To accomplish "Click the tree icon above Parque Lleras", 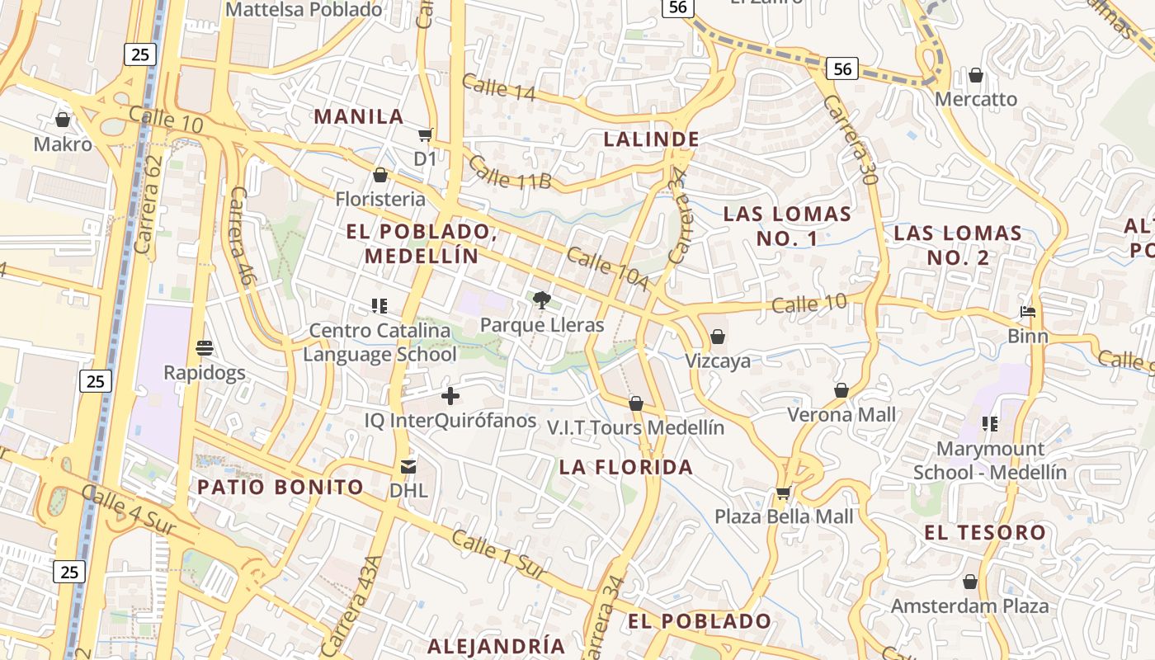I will point(541,300).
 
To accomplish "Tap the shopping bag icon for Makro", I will point(63,120).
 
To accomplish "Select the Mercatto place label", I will point(976,99).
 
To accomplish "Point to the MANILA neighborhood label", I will point(359,116).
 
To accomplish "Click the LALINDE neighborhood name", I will point(652,139).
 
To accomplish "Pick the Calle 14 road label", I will point(498,87).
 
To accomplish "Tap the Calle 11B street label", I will point(509,172).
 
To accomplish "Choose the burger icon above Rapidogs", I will point(205,348).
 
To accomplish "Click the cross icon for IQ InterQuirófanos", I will point(450,396).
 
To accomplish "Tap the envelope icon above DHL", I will point(408,467).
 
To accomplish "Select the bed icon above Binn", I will point(1028,312).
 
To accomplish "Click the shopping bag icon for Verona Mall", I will point(841,390).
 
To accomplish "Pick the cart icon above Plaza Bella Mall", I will point(783,493).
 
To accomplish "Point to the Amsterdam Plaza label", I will point(969,606).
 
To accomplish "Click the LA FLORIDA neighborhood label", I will point(626,467).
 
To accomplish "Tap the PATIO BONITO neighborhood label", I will point(280,487).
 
